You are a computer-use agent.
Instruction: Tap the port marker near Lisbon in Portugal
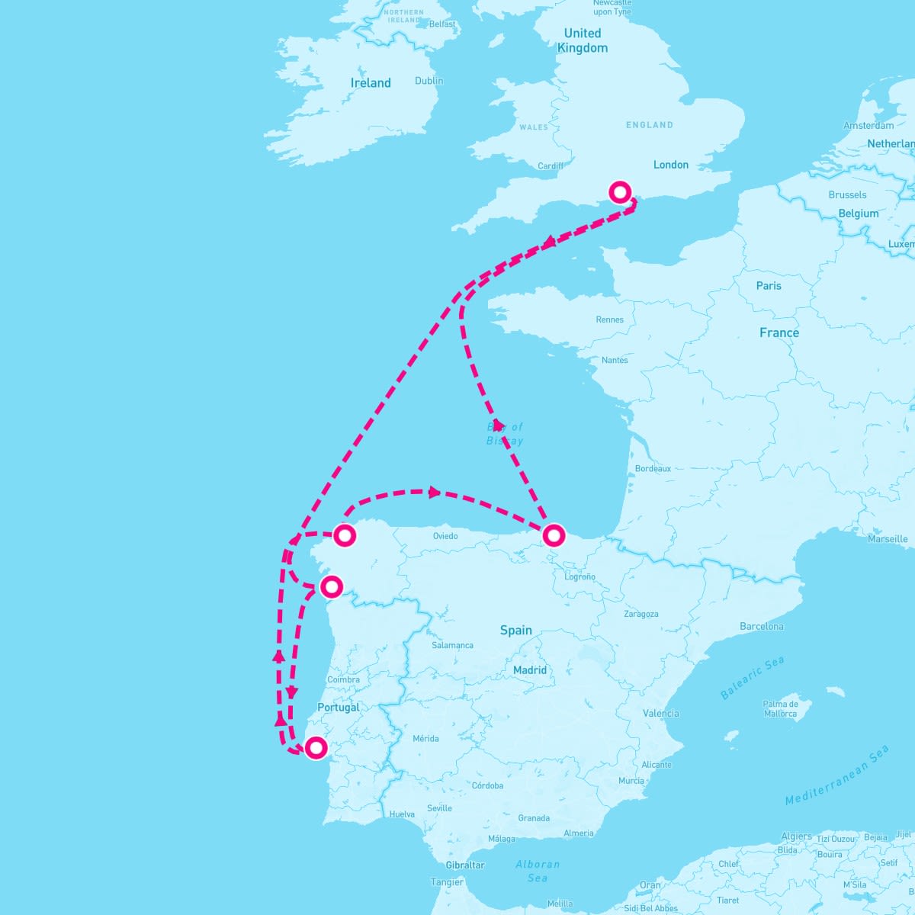pyautogui.click(x=316, y=748)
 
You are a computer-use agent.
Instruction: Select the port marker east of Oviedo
pyautogui.click(x=554, y=535)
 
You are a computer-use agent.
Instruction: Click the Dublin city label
pyautogui.click(x=429, y=81)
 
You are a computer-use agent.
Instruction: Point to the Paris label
pyautogui.click(x=769, y=286)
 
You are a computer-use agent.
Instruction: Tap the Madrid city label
pyautogui.click(x=530, y=670)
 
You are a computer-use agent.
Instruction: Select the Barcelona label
pyautogui.click(x=762, y=627)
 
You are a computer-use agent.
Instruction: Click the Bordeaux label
pyautogui.click(x=653, y=469)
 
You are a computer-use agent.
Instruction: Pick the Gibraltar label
pyautogui.click(x=465, y=865)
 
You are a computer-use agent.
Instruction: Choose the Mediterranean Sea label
pyautogui.click(x=837, y=775)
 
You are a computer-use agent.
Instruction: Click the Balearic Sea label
pyautogui.click(x=752, y=678)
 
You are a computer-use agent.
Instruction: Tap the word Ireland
pyautogui.click(x=371, y=83)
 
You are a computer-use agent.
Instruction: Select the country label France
pyautogui.click(x=779, y=333)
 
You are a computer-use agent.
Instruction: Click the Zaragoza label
pyautogui.click(x=640, y=614)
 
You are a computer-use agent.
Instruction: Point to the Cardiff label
pyautogui.click(x=551, y=166)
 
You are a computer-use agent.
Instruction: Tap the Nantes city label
pyautogui.click(x=615, y=360)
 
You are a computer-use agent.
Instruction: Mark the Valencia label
pyautogui.click(x=661, y=714)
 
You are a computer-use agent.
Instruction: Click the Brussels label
pyautogui.click(x=847, y=195)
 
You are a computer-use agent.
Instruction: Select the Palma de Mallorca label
pyautogui.click(x=781, y=709)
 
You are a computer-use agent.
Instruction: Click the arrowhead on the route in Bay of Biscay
pyautogui.click(x=498, y=425)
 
